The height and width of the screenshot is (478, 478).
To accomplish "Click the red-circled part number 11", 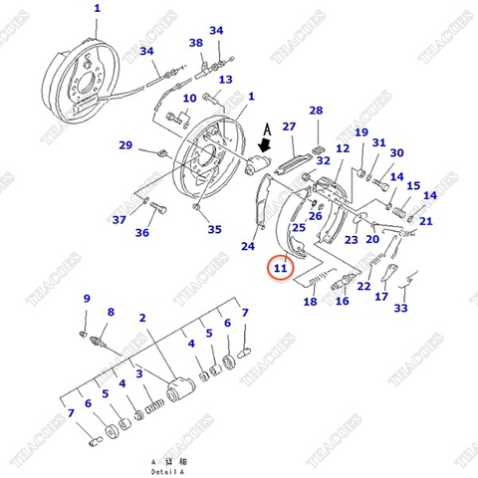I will (280, 267).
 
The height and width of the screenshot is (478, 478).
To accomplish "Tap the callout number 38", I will (196, 43).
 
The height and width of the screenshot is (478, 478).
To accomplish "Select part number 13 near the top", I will (226, 80).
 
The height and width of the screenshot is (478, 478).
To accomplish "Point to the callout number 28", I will (316, 111).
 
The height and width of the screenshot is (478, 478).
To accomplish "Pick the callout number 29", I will (124, 146).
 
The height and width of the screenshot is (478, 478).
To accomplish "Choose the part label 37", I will (119, 220).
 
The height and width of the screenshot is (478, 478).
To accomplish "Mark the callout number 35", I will (214, 230).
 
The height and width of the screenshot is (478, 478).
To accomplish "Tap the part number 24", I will (248, 246).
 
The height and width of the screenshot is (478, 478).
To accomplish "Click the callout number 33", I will (400, 309).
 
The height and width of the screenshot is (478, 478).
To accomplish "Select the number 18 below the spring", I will (310, 302).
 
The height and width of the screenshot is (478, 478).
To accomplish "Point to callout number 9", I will (87, 299).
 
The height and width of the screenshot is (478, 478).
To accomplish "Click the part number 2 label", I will (143, 318).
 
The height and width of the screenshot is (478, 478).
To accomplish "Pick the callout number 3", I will (140, 373).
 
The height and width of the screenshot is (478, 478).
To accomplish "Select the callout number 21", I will (426, 221).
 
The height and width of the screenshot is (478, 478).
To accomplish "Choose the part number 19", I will (360, 132).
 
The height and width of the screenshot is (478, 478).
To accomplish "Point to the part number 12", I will (342, 148).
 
